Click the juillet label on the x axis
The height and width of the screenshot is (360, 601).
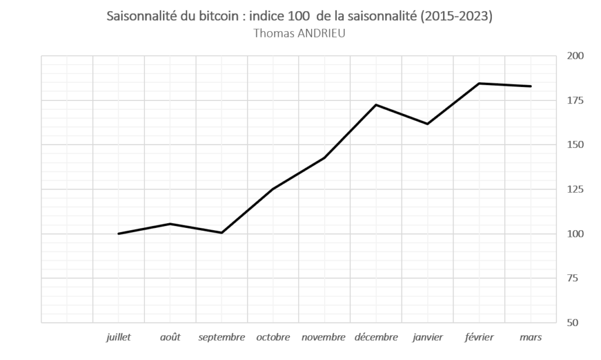coord(119,337)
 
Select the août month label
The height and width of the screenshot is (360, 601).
coord(170,337)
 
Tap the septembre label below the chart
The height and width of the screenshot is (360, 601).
coord(221,337)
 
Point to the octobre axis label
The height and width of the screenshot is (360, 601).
coord(273,337)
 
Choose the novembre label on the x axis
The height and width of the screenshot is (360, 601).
coord(324,337)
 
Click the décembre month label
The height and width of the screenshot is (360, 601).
coord(376,337)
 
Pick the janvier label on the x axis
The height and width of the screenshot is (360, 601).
coord(427,337)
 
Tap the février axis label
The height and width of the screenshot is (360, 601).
coord(479,337)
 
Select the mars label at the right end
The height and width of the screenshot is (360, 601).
coord(531,337)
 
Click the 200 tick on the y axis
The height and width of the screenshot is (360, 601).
coord(575,56)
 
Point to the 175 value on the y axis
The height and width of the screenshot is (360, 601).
coord(575,100)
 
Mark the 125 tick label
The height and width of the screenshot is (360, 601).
coord(575,189)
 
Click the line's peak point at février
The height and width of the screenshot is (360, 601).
coord(479,83)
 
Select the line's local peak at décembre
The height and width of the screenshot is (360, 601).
coord(376,105)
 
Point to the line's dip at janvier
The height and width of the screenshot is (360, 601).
coord(427,124)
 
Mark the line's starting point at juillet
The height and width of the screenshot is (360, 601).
coord(119,234)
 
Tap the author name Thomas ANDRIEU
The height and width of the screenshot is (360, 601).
coord(299,33)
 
